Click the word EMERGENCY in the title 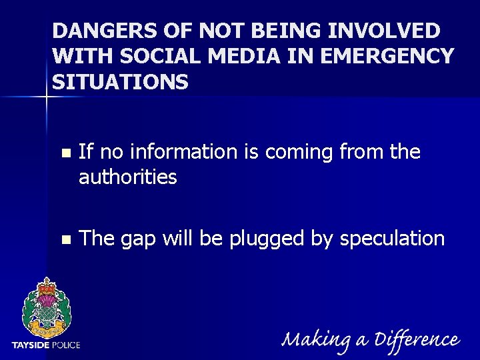click(387, 57)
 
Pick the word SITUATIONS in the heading click(120, 82)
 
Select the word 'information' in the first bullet click(183, 152)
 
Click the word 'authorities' click(127, 177)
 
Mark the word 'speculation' click(392, 239)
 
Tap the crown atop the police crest click(46, 287)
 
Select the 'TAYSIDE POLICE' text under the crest click(46, 345)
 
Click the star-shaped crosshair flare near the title click(47, 97)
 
